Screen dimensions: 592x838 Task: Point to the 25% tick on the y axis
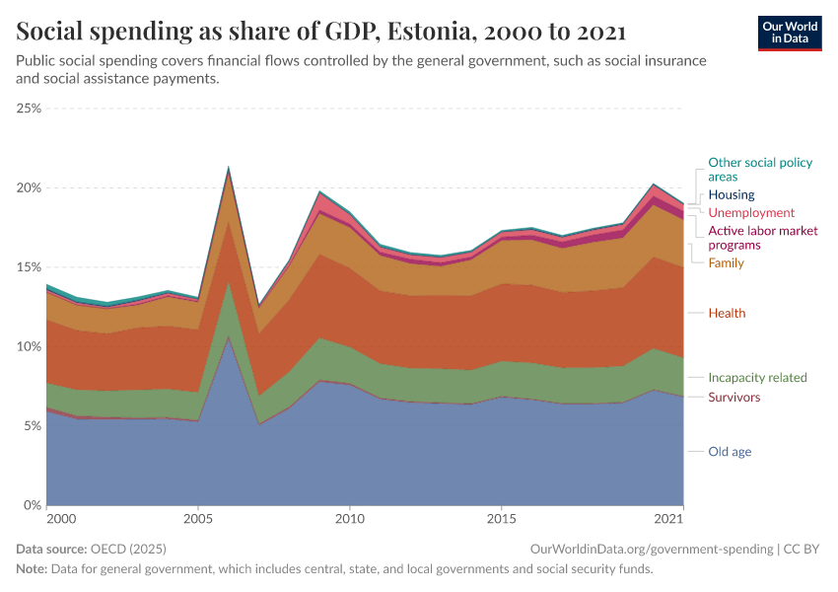coord(29,109)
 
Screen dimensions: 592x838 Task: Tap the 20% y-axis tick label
coord(29,187)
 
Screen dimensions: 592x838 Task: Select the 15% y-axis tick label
coord(29,267)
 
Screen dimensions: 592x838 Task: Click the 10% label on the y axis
coord(29,346)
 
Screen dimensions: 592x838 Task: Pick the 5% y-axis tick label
coord(32,426)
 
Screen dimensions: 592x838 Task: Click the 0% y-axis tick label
coord(32,505)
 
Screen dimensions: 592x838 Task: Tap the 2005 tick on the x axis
coord(198,518)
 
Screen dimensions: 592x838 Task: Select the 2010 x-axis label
coord(349,518)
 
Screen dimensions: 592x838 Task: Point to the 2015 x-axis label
coord(501,518)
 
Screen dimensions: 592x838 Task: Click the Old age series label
coord(730,452)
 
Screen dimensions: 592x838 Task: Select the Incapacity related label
coord(757,377)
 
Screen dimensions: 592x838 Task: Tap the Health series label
coord(727,313)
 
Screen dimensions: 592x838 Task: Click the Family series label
coord(726,263)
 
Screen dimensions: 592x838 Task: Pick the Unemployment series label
coord(751,212)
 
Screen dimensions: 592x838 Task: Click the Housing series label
coord(731,194)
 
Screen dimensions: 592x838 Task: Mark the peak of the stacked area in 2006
coord(229,168)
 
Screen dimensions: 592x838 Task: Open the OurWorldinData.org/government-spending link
coord(651,549)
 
